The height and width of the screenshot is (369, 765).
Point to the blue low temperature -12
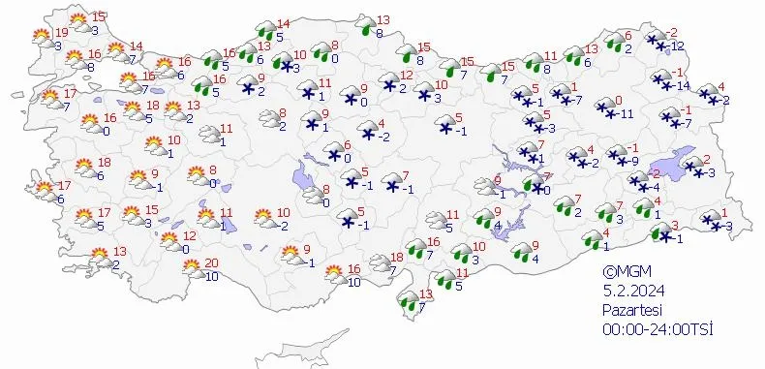(680, 46)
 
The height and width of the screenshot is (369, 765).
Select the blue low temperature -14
(685, 87)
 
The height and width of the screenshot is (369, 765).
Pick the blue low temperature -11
(627, 113)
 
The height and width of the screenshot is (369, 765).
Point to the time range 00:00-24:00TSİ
(657, 329)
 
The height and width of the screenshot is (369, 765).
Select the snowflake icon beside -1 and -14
(662, 80)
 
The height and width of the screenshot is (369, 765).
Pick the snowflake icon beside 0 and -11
(604, 108)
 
